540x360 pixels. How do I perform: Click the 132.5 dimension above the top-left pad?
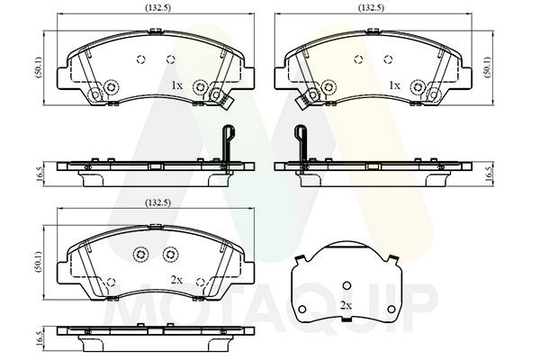157,8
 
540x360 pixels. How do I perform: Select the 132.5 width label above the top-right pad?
371,8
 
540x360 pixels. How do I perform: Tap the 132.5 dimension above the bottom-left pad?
157,202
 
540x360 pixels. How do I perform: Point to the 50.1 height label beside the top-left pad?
40,67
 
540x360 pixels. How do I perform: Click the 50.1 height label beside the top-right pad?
488,67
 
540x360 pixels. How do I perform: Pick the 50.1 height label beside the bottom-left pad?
40,262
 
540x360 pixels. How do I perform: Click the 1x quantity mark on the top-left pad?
177,85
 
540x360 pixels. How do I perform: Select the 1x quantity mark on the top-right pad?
394,85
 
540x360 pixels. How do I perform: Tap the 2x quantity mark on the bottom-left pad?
176,280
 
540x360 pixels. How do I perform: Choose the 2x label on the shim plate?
346,305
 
